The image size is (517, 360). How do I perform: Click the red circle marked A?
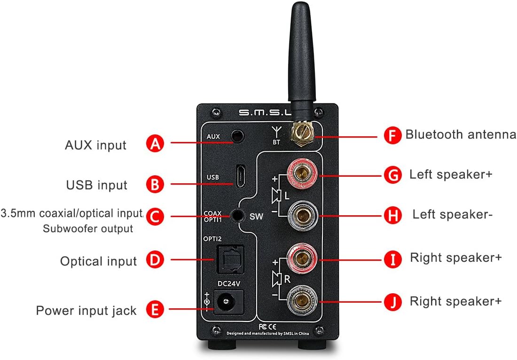(155, 143)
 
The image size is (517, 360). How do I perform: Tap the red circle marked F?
(392, 135)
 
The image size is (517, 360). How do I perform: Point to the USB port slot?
(241, 176)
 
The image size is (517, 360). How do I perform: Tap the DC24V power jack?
(228, 301)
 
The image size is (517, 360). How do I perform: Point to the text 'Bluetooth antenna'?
(461, 135)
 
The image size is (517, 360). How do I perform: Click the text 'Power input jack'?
(86, 311)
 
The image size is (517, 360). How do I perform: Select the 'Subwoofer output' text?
(88, 229)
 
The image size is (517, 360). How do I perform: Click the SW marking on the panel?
(256, 217)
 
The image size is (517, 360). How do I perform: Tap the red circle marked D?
(155, 260)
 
